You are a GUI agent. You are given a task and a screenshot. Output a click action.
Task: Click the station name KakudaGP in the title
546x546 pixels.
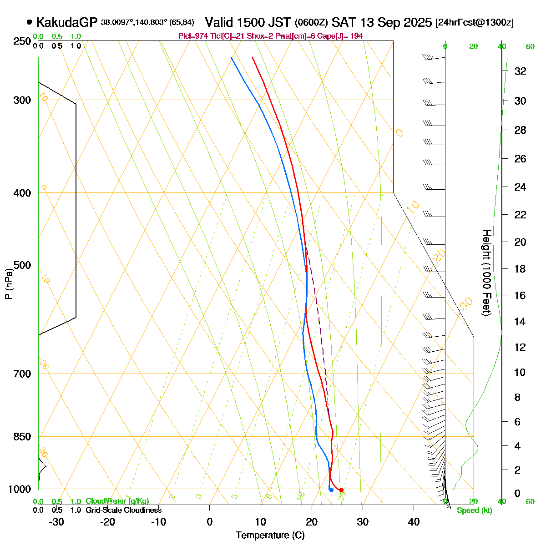pos(67,22)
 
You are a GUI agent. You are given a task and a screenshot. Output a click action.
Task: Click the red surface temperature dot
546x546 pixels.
pos(341,490)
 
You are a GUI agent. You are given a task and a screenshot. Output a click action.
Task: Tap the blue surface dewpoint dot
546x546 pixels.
pos(331,490)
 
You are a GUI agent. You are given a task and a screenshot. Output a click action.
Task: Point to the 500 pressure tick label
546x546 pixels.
pos(22,265)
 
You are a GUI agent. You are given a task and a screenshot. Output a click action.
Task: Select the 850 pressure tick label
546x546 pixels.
pos(22,436)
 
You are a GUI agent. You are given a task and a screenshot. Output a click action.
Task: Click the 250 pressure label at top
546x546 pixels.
pos(22,41)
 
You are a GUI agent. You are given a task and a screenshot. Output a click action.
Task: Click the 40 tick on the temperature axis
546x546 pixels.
pos(414,521)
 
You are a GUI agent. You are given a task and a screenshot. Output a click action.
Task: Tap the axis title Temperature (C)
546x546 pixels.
pos(270,536)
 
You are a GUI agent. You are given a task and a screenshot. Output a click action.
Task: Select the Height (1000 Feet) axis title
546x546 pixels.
pos(486,273)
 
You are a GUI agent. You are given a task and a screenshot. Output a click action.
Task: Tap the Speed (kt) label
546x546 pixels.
pos(475,511)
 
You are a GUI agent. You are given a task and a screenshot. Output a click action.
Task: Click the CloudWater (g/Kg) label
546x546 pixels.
pos(117,501)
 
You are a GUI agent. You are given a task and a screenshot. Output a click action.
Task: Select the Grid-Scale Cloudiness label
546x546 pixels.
pos(123,511)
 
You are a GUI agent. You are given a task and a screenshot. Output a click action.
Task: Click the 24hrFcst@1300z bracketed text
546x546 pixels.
pos(475,23)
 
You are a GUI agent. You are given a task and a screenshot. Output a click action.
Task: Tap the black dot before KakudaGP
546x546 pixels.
pos(30,22)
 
